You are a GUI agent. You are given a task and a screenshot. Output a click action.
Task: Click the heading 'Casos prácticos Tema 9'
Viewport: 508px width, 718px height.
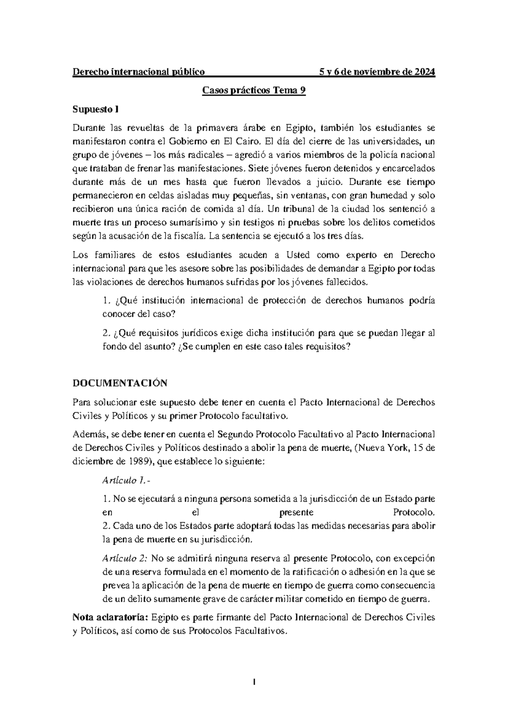point(254,91)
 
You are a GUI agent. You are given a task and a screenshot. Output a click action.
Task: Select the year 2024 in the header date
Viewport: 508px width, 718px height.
point(425,72)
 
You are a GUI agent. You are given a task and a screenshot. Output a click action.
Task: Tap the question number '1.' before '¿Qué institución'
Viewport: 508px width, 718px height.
point(106,301)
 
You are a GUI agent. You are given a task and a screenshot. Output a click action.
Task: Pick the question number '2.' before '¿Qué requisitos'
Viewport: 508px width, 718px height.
point(106,333)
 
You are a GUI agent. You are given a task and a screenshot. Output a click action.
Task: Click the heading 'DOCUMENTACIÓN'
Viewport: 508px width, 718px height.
point(120,384)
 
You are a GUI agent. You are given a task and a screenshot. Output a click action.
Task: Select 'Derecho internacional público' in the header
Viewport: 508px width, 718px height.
point(139,72)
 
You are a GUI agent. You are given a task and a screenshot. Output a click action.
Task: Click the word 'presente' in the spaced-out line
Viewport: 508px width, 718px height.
point(296,513)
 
